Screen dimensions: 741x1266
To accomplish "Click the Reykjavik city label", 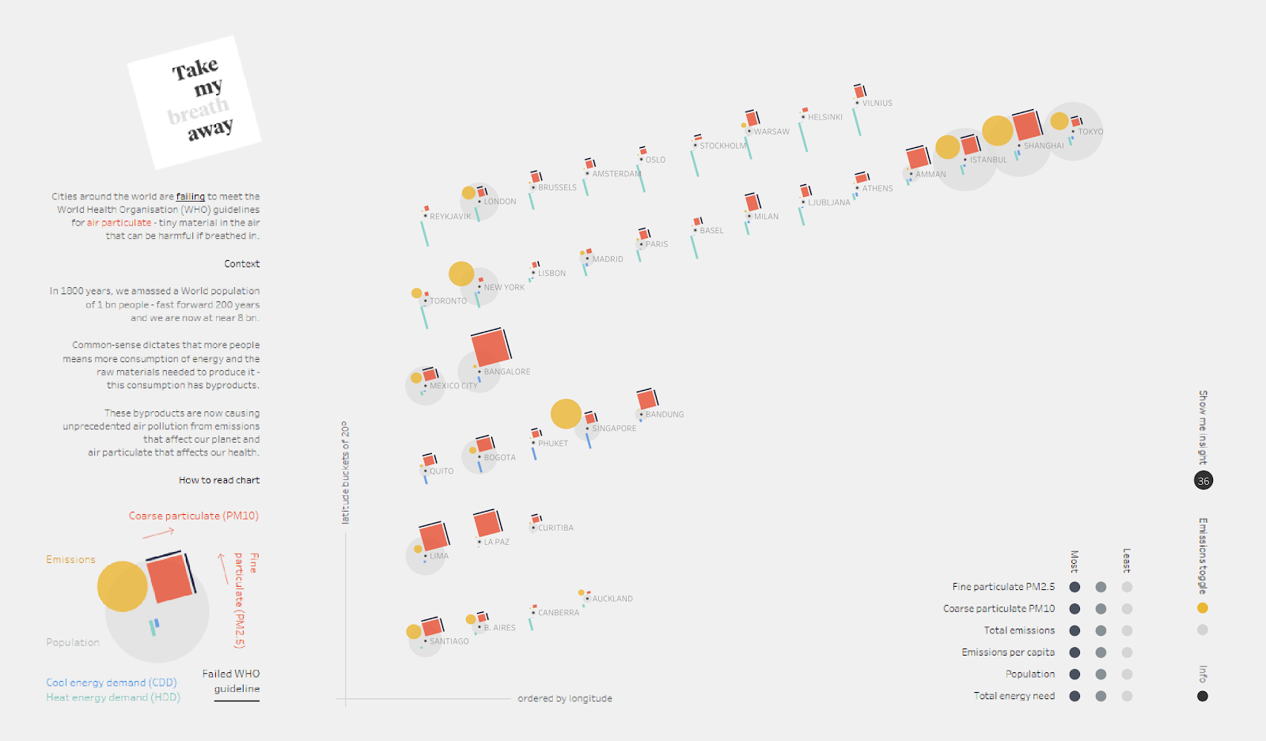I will pyautogui.click(x=449, y=216).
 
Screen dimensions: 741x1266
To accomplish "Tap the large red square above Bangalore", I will pyautogui.click(x=491, y=348).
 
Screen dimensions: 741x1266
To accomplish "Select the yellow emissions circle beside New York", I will pyautogui.click(x=461, y=274).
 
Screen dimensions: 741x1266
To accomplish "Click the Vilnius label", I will pyautogui.click(x=877, y=104).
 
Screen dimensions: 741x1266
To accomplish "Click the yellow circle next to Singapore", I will pyautogui.click(x=566, y=414).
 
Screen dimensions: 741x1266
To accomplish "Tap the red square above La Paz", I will pyautogui.click(x=487, y=524).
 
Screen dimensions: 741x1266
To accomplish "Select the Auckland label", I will pyautogui.click(x=612, y=599).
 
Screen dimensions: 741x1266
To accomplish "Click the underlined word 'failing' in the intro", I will pyautogui.click(x=190, y=196).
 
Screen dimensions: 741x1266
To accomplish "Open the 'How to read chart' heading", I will pyautogui.click(x=219, y=480).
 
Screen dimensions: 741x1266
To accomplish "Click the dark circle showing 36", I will pyautogui.click(x=1203, y=481).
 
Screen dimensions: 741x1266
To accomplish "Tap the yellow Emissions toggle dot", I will pyautogui.click(x=1203, y=608).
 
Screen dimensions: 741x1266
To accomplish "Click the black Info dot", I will pyautogui.click(x=1203, y=696).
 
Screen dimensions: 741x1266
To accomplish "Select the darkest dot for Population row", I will pyautogui.click(x=1075, y=674).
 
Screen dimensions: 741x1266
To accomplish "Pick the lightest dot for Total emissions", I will pyautogui.click(x=1127, y=630).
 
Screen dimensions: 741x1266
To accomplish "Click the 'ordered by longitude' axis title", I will pyautogui.click(x=565, y=698).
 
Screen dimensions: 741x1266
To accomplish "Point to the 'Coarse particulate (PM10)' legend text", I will pyautogui.click(x=194, y=516).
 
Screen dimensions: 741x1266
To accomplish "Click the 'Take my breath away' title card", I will pyautogui.click(x=195, y=102).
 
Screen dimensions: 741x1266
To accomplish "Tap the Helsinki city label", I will pyautogui.click(x=824, y=117).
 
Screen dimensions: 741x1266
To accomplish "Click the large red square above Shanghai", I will pyautogui.click(x=1026, y=126).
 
